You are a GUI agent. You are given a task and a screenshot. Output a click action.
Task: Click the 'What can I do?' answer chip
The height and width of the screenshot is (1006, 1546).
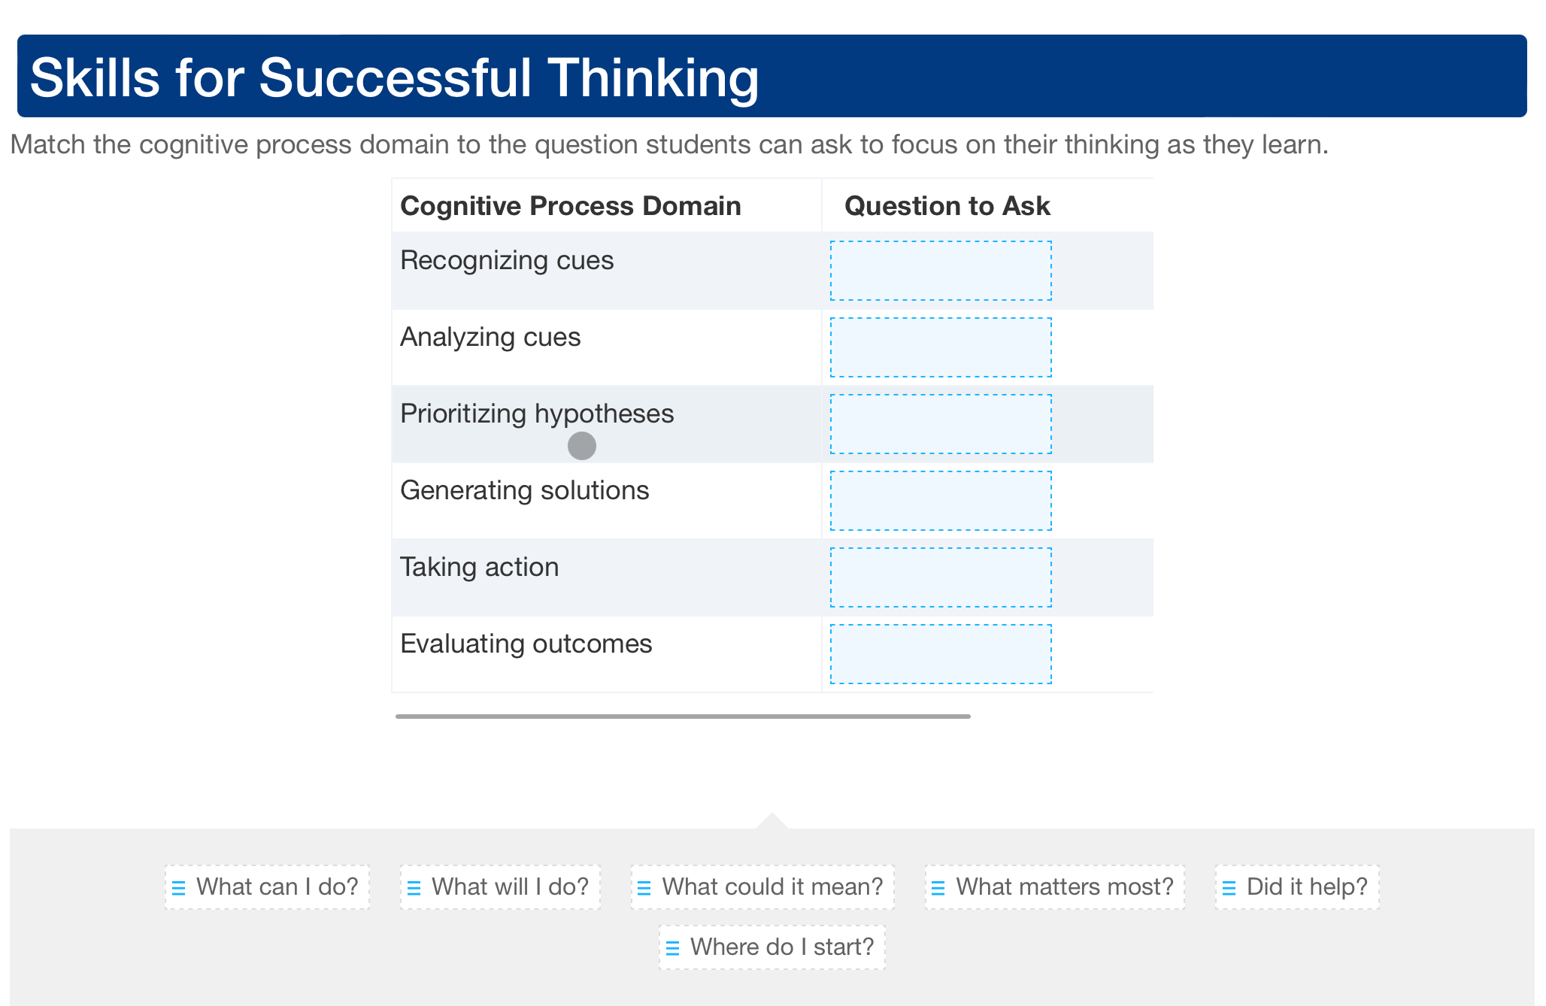(x=268, y=887)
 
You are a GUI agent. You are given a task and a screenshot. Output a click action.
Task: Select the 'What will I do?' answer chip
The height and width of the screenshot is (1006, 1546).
(x=500, y=887)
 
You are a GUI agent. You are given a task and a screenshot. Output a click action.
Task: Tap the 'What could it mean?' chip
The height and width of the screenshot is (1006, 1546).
(x=762, y=887)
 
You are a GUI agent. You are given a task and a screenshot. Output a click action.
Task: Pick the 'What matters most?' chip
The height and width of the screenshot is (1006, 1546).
(x=1054, y=887)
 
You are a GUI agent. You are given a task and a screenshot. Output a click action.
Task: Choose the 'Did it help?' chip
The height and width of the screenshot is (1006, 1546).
(x=1297, y=887)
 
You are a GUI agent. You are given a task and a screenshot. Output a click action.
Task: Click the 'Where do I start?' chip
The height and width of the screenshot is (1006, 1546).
(x=772, y=947)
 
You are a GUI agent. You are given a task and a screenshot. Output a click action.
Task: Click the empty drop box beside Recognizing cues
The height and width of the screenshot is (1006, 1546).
(x=941, y=271)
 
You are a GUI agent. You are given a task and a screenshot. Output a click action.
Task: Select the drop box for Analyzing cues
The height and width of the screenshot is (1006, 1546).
(x=941, y=347)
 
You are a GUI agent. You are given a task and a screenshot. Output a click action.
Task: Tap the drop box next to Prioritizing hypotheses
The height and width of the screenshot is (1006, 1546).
(x=941, y=424)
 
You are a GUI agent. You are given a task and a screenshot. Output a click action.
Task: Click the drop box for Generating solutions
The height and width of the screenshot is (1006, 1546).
(x=941, y=501)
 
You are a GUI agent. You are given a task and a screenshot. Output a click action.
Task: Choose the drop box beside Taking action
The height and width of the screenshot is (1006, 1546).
(x=941, y=577)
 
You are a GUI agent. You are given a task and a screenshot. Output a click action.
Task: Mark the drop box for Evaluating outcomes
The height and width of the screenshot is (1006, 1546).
(x=941, y=654)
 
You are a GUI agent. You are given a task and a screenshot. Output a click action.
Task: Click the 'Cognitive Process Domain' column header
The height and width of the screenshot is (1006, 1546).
(x=570, y=206)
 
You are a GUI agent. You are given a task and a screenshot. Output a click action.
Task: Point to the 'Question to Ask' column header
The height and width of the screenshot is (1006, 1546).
(x=947, y=206)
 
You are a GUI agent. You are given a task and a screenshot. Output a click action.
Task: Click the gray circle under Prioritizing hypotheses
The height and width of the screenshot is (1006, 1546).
(x=582, y=446)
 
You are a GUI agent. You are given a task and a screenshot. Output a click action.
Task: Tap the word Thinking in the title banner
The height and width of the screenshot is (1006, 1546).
(x=653, y=78)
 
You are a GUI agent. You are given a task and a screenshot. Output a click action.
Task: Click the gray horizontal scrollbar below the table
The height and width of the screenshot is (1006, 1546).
(x=683, y=717)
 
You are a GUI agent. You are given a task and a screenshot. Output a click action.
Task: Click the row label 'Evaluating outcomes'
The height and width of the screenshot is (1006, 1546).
(x=526, y=644)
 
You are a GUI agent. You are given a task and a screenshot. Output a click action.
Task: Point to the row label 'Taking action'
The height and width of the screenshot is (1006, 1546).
(x=479, y=567)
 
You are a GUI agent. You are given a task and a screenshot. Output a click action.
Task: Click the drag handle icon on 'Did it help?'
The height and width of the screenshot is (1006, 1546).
(x=1229, y=889)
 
